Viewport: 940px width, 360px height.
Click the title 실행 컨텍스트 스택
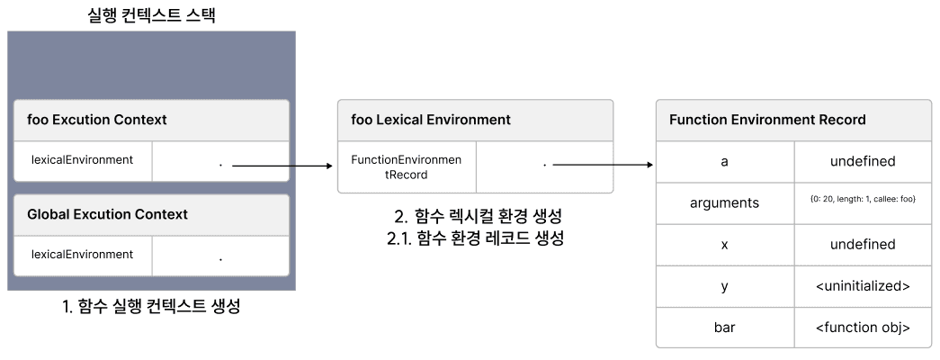coord(150,14)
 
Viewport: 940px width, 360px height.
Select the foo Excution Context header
coord(97,120)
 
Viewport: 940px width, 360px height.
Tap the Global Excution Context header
coord(107,214)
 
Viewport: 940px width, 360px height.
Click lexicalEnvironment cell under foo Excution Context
coord(83,160)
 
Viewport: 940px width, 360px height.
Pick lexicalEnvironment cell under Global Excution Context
coord(83,255)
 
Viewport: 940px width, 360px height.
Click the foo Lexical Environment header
coord(431,120)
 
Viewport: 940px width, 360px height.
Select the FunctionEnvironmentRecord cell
coord(406,167)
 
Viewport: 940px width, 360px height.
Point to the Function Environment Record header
coord(767,120)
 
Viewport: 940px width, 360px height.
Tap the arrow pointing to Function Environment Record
coord(602,166)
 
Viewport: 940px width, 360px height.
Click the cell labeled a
coord(724,162)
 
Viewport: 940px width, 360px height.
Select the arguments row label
coord(724,203)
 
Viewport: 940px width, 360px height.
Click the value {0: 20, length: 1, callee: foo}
coord(862,199)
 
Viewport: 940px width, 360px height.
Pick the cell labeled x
coord(724,245)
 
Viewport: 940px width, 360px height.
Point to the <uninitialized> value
coord(862,286)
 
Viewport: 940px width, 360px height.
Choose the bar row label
coord(724,328)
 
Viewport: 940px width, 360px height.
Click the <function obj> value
coord(862,328)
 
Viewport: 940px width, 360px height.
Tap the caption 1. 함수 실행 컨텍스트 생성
coord(150,307)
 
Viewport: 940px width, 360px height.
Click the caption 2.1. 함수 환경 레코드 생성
coord(474,238)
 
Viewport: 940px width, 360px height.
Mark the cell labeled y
coord(724,286)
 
